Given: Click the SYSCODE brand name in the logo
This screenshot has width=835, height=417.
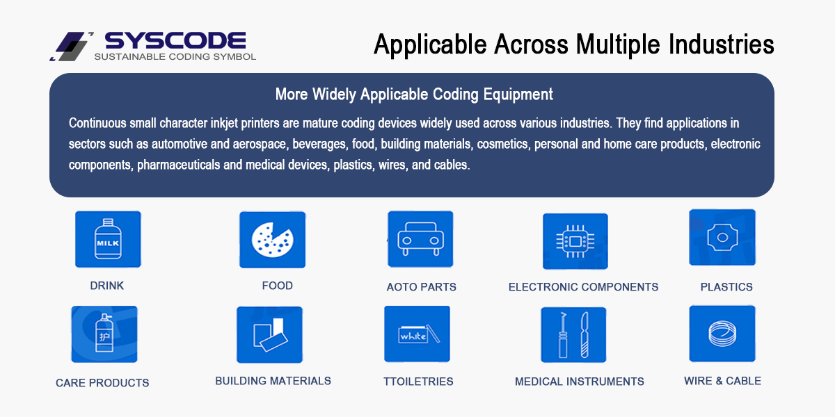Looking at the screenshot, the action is click(175, 40).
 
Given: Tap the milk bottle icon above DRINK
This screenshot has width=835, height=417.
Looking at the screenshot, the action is click(108, 239).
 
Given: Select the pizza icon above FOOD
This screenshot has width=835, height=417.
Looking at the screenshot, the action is click(273, 240).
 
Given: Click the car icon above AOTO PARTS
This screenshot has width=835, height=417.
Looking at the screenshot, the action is click(420, 239).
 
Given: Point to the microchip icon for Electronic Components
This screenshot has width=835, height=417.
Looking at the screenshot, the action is click(575, 241).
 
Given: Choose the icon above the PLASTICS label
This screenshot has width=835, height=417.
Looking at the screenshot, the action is click(722, 237).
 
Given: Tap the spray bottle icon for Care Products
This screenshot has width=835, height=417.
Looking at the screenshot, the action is click(104, 334).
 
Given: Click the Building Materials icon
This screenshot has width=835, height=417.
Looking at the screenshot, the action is click(269, 334).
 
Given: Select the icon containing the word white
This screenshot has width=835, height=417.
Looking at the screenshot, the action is click(417, 334).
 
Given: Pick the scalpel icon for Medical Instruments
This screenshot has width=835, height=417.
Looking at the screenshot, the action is click(573, 335).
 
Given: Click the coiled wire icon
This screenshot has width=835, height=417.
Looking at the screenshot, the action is click(722, 333).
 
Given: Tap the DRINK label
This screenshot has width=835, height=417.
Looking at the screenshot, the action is click(107, 286).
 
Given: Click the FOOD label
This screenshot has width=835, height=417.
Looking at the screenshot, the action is click(278, 286).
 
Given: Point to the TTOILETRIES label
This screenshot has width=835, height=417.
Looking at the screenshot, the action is click(418, 382).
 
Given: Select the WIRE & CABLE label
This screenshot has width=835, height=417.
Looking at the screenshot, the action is click(722, 381).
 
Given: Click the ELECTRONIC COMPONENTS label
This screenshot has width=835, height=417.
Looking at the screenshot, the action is click(583, 286).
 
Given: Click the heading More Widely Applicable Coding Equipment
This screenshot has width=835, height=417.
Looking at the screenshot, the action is click(414, 95).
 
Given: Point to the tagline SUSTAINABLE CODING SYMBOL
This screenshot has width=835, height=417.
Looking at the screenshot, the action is click(175, 56).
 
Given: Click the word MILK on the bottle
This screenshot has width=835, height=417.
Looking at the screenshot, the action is click(108, 243).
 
